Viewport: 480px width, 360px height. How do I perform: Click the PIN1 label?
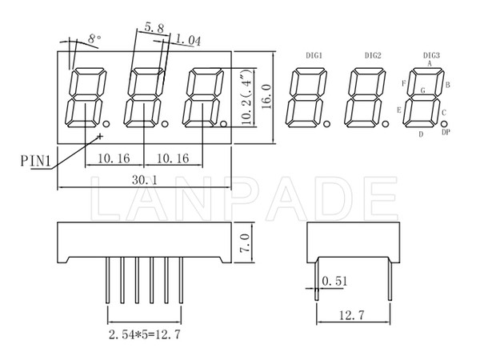pos(35,161)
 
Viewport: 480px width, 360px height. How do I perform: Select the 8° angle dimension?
pos(94,38)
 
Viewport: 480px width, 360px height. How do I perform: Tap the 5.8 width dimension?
pos(154,28)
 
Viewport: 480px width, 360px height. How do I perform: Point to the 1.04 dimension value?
pos(189,40)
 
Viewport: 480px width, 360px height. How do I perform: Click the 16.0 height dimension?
pos(267,97)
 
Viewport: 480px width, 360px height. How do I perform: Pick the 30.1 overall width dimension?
pos(145,180)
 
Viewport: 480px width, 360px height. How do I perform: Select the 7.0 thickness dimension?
pos(245,243)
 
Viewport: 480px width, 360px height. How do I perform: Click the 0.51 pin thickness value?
pos(335,281)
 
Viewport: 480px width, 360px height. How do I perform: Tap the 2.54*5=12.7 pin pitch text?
pos(145,334)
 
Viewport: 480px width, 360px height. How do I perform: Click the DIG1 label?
pos(314,55)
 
